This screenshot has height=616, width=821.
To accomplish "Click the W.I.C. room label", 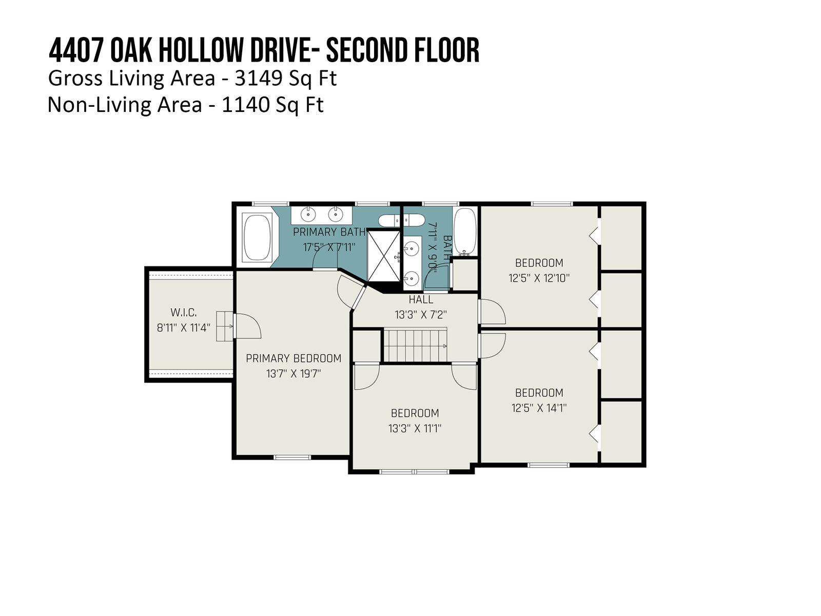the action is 183,312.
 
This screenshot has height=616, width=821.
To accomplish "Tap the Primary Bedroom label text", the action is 294,358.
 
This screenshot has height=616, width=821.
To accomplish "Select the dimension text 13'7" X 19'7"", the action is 294,374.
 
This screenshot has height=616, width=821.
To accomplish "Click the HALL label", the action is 421,300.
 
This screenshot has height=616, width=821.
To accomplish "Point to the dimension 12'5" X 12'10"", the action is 539,278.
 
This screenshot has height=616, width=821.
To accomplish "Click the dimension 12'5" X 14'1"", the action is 539,408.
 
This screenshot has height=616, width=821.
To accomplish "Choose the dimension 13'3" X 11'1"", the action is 415,428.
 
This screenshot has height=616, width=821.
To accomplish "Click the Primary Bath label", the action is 329,232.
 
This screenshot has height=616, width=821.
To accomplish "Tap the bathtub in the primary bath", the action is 257,237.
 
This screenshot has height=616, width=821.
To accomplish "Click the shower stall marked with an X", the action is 384,256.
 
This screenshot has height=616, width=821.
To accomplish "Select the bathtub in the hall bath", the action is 465,232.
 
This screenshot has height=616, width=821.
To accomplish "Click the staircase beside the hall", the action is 416,345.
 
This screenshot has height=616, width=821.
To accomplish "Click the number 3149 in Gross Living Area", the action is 258,79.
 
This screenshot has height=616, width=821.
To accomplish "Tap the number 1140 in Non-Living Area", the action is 245,105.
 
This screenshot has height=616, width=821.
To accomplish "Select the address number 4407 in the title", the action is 76,50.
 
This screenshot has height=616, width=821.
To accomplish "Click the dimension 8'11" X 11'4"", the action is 183,328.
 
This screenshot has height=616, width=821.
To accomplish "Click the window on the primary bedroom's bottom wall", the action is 292,457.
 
